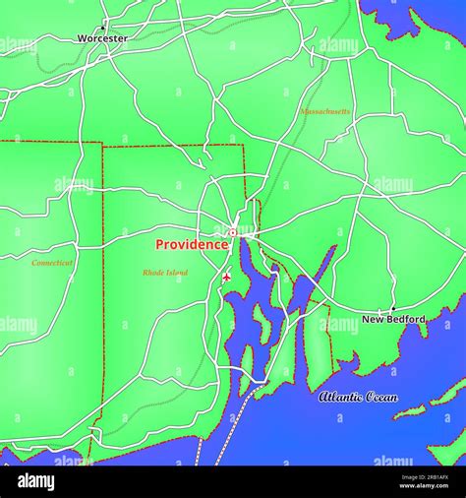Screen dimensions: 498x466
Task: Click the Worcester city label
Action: coord(102,38)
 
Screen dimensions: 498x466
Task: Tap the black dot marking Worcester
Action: coord(103,27)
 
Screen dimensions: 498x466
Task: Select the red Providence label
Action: coord(192,244)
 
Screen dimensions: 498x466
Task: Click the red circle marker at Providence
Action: coord(233,233)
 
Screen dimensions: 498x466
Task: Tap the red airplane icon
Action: coord(227,278)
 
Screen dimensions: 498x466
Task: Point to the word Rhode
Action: coord(152,272)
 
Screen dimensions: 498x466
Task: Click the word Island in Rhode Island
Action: coord(177,272)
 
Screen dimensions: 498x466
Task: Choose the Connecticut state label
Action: coord(52,263)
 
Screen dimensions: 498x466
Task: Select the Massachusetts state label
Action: coord(324,112)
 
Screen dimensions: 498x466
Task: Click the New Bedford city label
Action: coord(393,319)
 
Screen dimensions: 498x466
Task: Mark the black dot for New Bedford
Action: coord(392,309)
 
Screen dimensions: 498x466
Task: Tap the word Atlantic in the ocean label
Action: coord(339,397)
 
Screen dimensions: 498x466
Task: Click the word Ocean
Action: coord(381,397)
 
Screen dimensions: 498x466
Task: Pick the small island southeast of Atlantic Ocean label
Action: coord(410,411)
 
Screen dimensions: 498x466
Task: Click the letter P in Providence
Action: coord(160,244)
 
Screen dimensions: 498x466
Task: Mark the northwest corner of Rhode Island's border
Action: coord(102,146)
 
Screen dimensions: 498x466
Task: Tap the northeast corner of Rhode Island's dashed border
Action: coord(243,147)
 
